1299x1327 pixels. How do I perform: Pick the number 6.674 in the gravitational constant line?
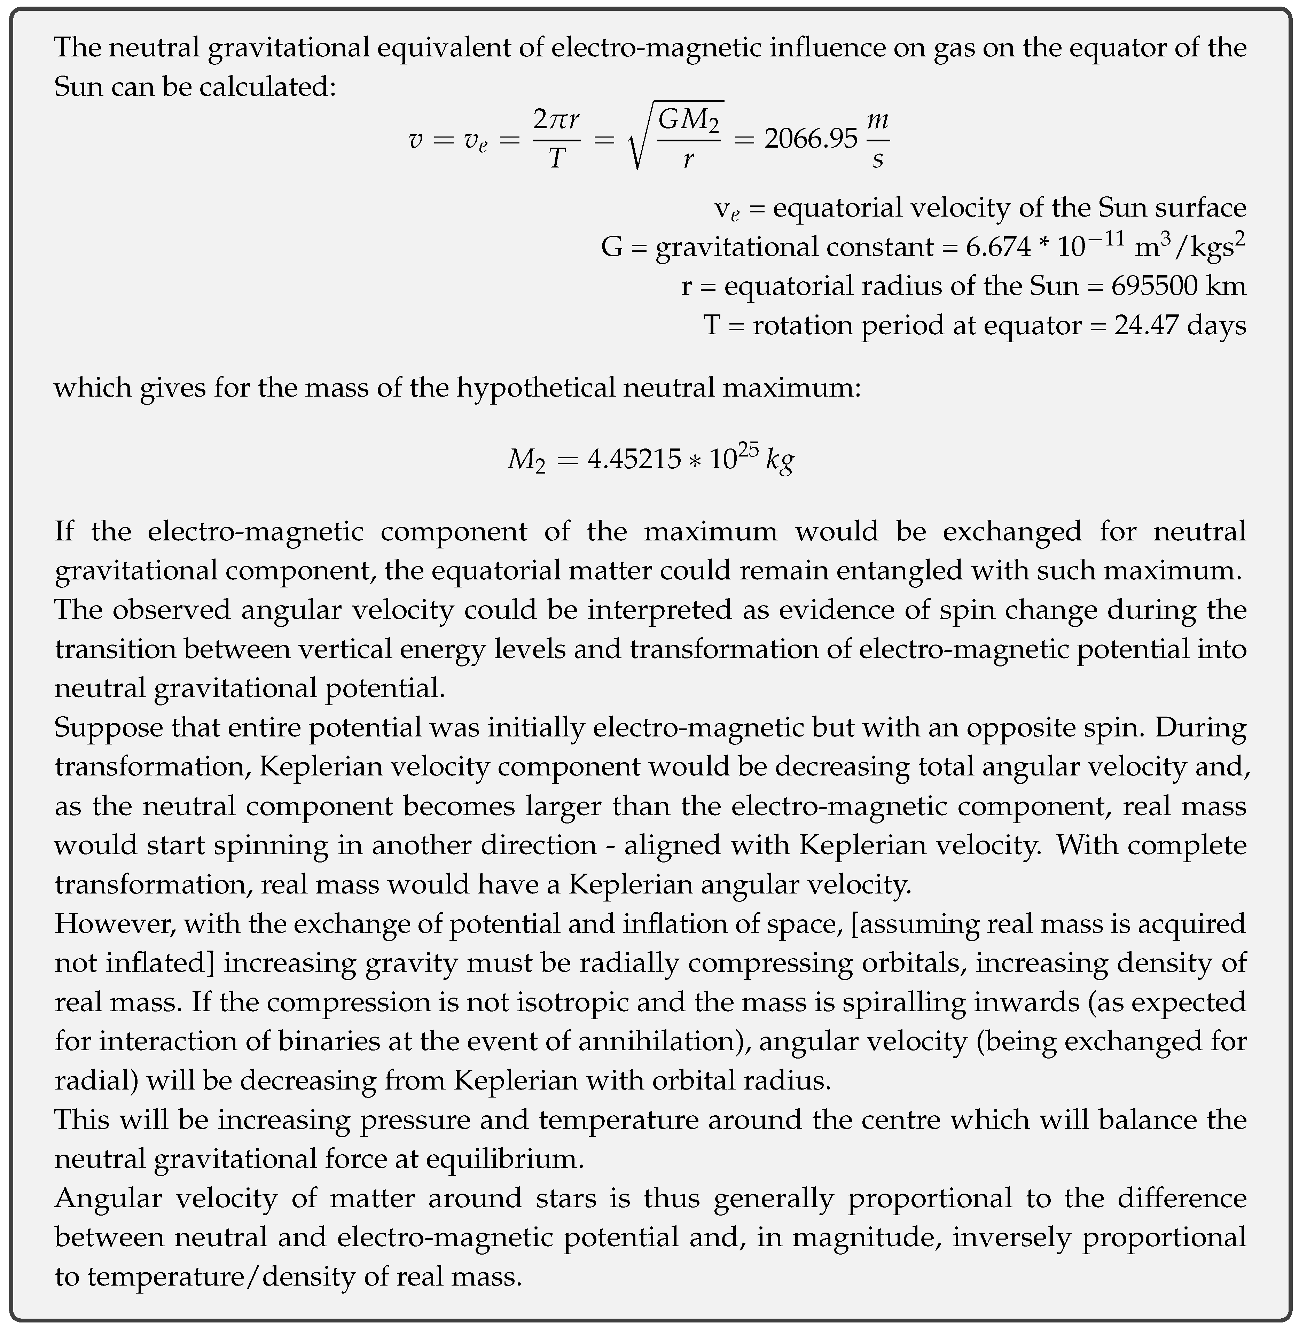(x=998, y=247)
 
